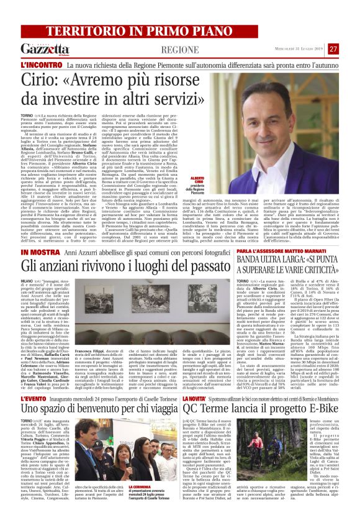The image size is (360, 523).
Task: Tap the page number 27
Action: point(351,49)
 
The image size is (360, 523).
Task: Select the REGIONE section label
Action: point(179,49)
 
